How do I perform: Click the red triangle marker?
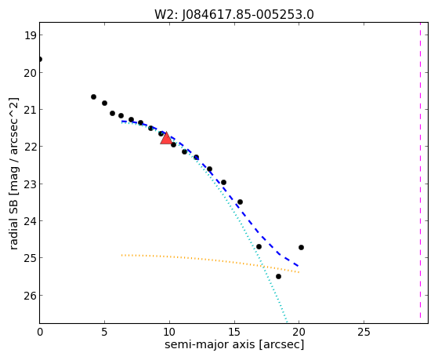pos(166,138)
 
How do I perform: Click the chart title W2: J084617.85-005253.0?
pos(234,15)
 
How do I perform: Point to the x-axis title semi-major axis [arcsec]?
pos(234,344)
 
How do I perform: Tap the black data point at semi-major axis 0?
pos(40,60)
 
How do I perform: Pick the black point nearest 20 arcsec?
pos(301,248)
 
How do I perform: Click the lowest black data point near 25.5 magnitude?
pos(278,277)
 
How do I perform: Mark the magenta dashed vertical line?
pos(420,170)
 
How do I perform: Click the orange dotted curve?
pos(210,260)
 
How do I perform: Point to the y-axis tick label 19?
pos(30,35)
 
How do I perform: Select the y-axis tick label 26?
pos(30,296)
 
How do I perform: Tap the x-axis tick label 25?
pos(364,333)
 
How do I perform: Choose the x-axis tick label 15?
pos(234,333)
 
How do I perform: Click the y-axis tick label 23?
pos(30,184)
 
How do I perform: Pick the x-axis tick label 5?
pos(104,333)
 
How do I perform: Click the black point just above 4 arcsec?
pos(93,97)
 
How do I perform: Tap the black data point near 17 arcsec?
pos(259,247)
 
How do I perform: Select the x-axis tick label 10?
pos(169,333)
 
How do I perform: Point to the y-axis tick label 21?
pos(30,110)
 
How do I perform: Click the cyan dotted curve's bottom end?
pos(287,320)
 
